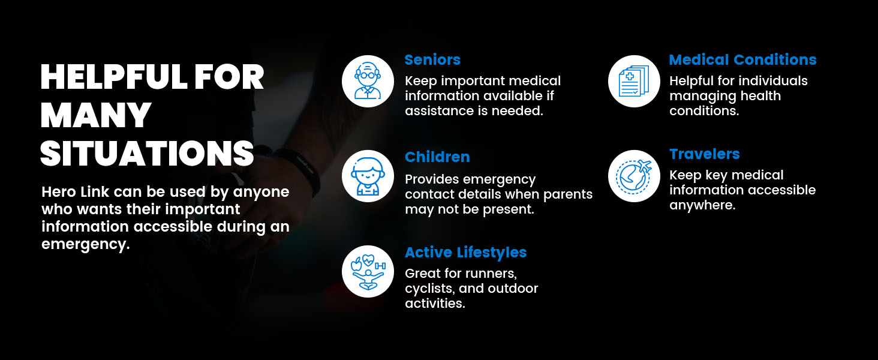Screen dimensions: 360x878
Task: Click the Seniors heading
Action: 432,60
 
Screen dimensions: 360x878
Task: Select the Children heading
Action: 437,157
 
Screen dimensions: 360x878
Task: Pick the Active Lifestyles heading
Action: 465,253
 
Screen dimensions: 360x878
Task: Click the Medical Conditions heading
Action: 742,60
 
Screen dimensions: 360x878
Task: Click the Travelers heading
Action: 705,154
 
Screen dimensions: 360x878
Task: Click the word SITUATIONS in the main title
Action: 147,153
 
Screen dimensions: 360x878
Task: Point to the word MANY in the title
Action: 95,115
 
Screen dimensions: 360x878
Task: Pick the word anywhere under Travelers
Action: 701,205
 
